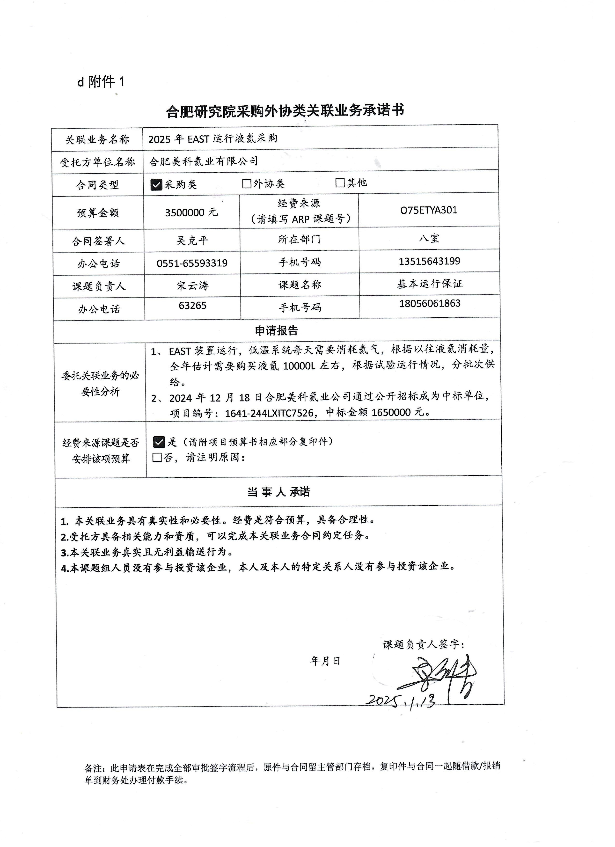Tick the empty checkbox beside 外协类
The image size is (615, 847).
click(x=246, y=184)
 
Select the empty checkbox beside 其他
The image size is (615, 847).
click(x=340, y=183)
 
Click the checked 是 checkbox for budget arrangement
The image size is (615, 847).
click(x=159, y=442)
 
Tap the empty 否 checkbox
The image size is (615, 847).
click(x=157, y=458)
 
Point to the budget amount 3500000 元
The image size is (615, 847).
click(x=191, y=212)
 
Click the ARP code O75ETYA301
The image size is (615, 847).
click(x=429, y=210)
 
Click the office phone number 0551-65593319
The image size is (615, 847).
click(x=192, y=263)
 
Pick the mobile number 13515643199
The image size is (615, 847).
click(x=429, y=261)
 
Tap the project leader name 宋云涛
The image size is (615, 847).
click(x=193, y=286)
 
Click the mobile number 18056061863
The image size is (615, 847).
click(x=430, y=303)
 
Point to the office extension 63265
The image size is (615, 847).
click(x=193, y=306)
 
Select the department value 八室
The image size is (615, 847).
click(x=429, y=238)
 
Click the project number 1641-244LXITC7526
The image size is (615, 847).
click(x=269, y=413)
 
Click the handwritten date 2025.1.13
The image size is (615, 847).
click(x=401, y=701)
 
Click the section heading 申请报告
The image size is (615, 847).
click(x=276, y=330)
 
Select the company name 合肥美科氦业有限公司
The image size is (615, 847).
click(x=204, y=161)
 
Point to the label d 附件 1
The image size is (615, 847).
click(x=101, y=81)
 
